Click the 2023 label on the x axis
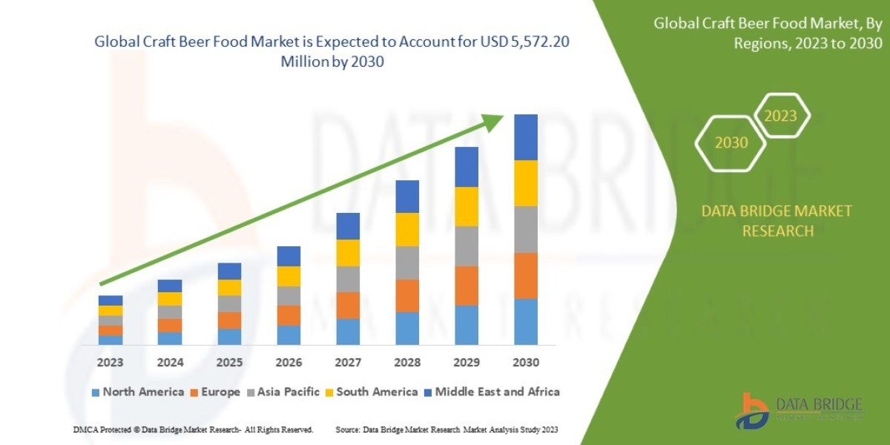110,363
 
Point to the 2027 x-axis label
348,363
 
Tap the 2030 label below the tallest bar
525,363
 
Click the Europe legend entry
218,392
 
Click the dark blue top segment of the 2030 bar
525,137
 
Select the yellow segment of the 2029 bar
467,206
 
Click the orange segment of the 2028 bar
407,295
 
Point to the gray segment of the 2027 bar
348,279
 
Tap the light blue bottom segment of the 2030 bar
525,321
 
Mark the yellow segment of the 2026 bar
289,276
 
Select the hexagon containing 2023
780,116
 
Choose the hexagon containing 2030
731,142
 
